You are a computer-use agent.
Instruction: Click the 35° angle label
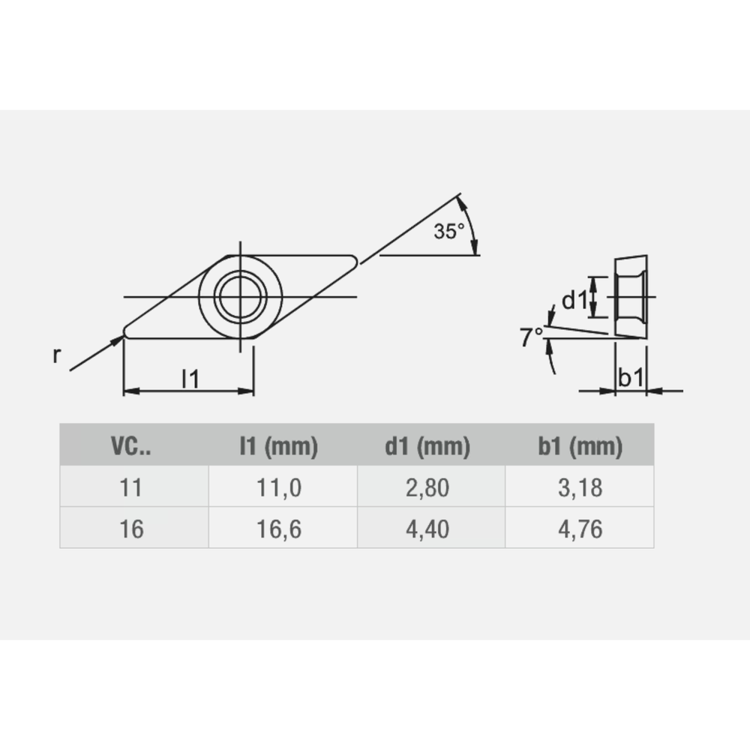449,232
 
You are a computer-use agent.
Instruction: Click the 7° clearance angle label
532,337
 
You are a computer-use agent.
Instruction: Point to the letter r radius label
56,355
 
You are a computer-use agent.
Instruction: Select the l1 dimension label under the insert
190,379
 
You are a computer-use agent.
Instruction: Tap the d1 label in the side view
574,301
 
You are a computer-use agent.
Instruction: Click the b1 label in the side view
630,379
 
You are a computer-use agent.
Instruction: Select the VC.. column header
130,447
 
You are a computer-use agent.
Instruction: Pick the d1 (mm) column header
427,447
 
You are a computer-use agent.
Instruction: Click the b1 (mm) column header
580,447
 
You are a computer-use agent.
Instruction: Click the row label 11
130,488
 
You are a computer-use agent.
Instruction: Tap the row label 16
130,529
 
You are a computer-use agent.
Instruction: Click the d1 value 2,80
428,488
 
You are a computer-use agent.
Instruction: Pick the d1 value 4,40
428,529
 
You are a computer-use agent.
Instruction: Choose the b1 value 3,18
580,488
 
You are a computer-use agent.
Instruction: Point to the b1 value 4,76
580,529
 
